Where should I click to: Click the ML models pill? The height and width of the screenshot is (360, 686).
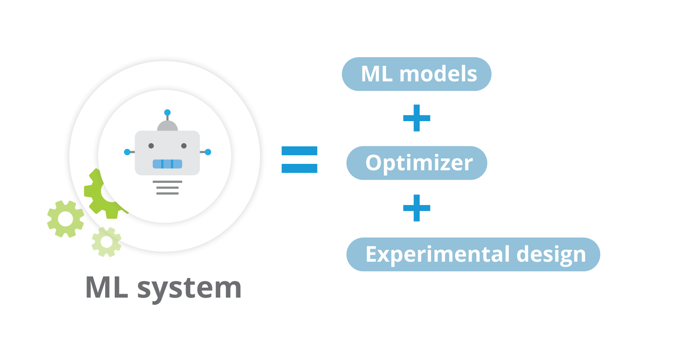[x=416, y=74]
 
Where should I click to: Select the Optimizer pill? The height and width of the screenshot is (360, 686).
[x=417, y=163]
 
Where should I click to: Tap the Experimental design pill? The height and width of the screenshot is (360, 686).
[x=473, y=254]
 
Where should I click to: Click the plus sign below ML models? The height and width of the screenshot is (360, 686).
[x=417, y=118]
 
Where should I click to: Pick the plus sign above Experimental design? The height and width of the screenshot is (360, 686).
[x=417, y=208]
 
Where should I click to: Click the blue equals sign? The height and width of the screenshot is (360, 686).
[x=299, y=160]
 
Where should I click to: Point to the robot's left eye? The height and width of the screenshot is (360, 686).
[x=151, y=146]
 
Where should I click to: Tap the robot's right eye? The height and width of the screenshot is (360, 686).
[x=184, y=146]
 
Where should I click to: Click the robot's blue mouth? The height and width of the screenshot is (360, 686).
[x=167, y=164]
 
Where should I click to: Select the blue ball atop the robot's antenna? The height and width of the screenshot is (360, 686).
[x=167, y=112]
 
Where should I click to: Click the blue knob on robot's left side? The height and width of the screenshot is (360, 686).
[x=127, y=152]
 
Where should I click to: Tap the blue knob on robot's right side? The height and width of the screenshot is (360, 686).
[x=208, y=152]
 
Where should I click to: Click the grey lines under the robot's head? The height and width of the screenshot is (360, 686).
[x=167, y=187]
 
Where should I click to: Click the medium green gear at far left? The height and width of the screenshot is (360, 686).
[x=66, y=219]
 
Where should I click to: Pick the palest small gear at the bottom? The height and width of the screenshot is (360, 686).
[x=106, y=242]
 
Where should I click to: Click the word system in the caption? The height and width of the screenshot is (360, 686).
[x=189, y=288]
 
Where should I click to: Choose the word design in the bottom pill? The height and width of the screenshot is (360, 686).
[x=551, y=254]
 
